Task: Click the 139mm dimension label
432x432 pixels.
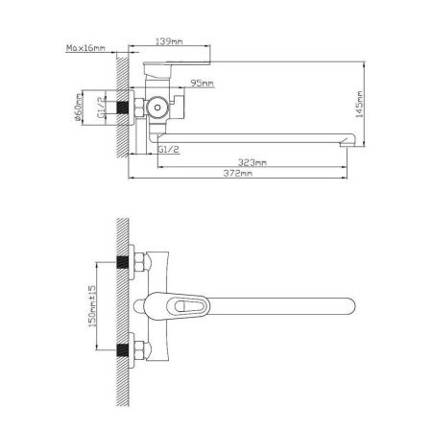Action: click(x=169, y=41)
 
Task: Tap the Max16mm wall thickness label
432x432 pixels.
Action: click(x=85, y=48)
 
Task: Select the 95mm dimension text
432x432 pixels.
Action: click(x=202, y=84)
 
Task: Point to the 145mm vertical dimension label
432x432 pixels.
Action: click(x=360, y=105)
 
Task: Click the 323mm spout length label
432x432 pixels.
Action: click(x=252, y=162)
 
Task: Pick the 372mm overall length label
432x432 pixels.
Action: click(x=238, y=173)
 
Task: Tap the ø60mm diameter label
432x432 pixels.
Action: click(x=78, y=108)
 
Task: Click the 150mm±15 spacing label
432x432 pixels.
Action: click(x=92, y=306)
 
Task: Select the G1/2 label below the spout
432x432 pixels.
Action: click(x=169, y=150)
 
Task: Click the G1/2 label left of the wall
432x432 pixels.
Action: click(x=101, y=108)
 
